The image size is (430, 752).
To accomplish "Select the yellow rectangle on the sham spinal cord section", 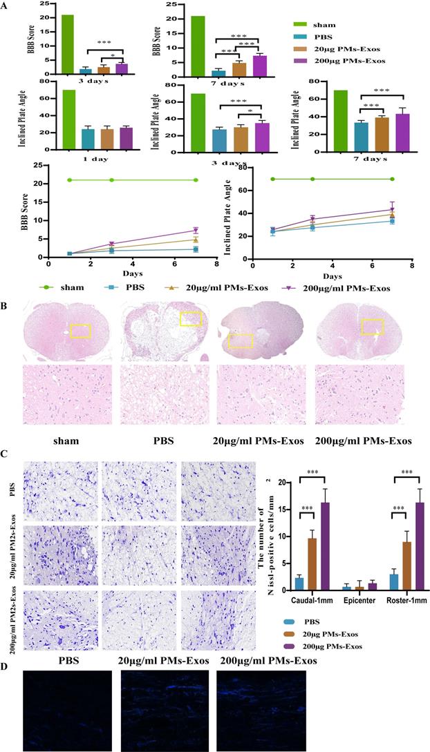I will click(x=80, y=331).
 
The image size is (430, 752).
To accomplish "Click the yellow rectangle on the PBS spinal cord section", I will click(x=191, y=318).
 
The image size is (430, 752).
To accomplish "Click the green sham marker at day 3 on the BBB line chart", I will click(x=111, y=180).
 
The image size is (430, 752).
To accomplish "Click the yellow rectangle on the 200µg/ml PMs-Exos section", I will click(x=373, y=327).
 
